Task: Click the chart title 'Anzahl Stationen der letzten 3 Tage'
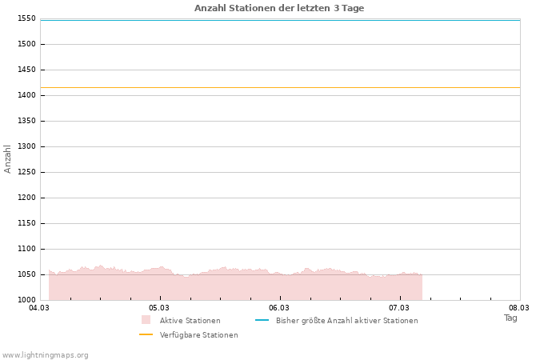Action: (x=279, y=8)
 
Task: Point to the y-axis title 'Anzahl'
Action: (x=8, y=158)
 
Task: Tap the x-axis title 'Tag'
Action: (x=510, y=318)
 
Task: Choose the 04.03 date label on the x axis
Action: (x=39, y=307)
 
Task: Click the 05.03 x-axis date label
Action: (x=159, y=307)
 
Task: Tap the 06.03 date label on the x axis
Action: (x=279, y=307)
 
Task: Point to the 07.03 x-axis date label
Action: (x=399, y=307)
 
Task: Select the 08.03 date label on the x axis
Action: (x=519, y=307)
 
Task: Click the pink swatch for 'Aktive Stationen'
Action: (x=146, y=320)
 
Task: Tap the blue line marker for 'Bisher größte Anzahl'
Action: (x=262, y=320)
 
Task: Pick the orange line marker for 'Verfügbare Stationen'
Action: (x=146, y=334)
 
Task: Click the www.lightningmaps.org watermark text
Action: (x=46, y=355)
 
